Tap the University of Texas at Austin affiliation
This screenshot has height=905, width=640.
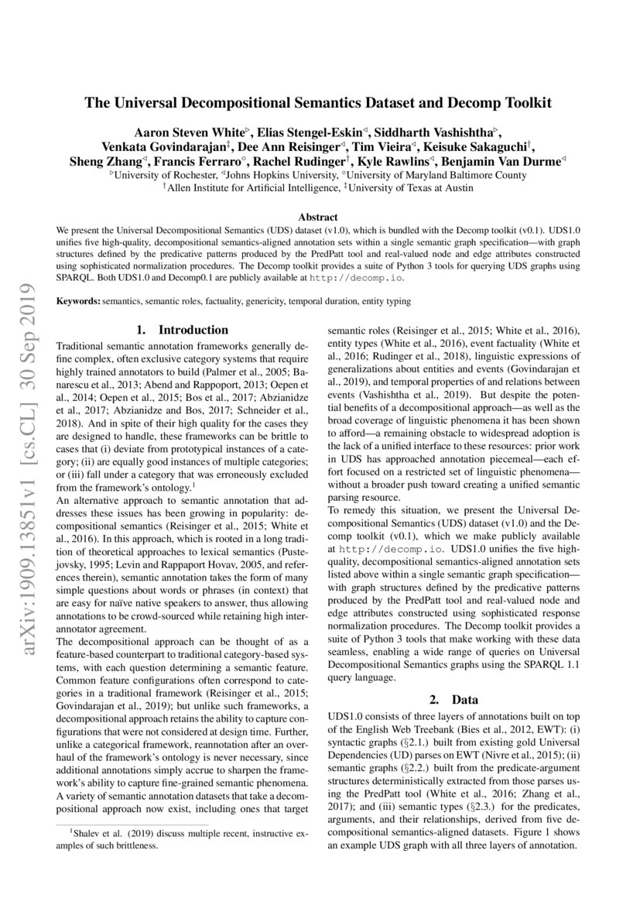(x=414, y=187)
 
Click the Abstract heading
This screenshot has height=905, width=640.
(x=320, y=219)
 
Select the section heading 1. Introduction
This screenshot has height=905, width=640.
(x=182, y=330)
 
